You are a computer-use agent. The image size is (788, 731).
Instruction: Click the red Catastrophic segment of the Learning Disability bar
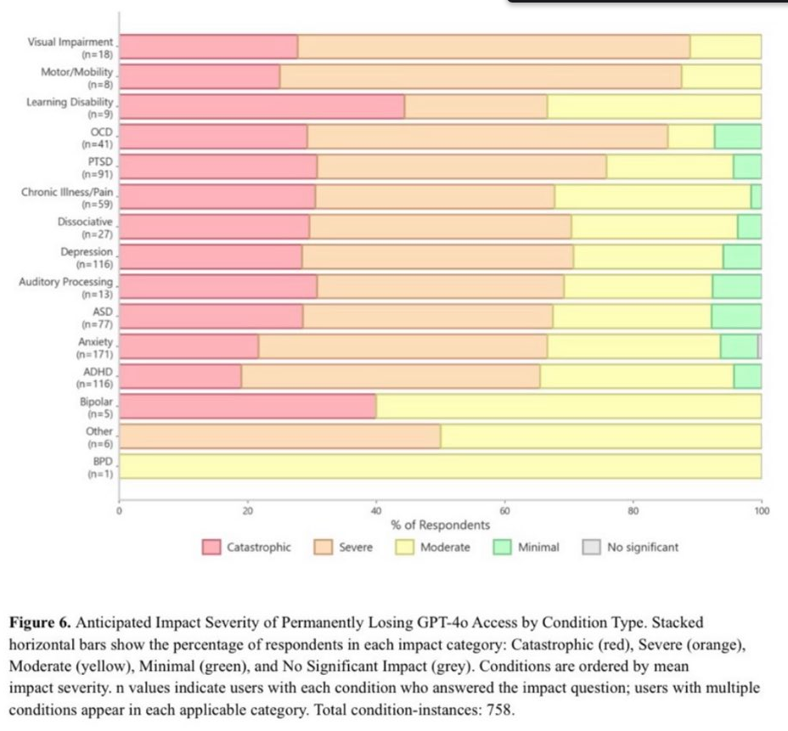point(262,107)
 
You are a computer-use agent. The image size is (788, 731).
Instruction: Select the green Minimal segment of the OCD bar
point(737,137)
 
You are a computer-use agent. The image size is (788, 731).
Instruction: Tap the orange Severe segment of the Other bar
point(280,436)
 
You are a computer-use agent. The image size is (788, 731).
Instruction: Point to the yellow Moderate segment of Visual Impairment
point(725,47)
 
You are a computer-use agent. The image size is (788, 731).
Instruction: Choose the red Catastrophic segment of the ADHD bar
point(180,376)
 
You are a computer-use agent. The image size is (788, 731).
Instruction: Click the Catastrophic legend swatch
point(211,548)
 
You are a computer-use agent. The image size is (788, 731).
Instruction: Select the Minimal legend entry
point(526,548)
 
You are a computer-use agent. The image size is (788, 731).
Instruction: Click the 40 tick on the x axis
point(376,511)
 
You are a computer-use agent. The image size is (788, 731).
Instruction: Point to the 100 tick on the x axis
point(761,511)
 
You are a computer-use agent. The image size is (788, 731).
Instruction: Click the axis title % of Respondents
point(440,526)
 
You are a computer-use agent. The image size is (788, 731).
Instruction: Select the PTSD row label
point(99,160)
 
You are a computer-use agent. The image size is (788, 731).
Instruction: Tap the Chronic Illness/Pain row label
point(67,192)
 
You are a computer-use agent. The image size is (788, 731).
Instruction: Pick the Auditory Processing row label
point(65,281)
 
